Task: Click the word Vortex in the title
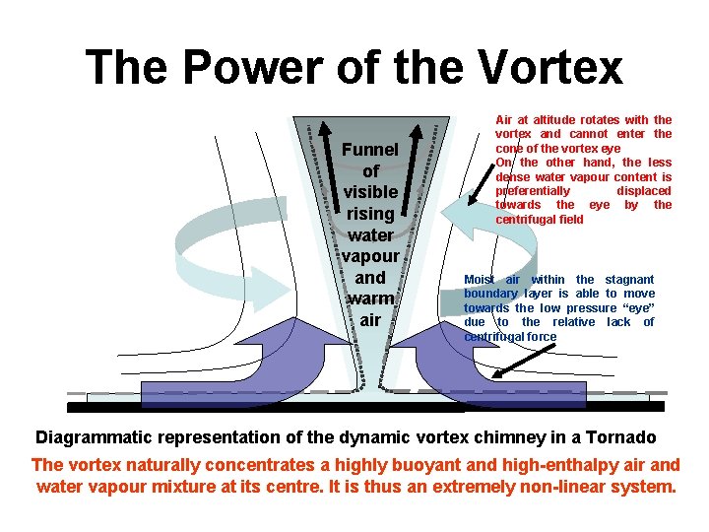pos(550,67)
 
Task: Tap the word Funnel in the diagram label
pos(369,150)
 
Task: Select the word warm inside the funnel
pos(370,299)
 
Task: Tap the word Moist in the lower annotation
pos(480,280)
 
